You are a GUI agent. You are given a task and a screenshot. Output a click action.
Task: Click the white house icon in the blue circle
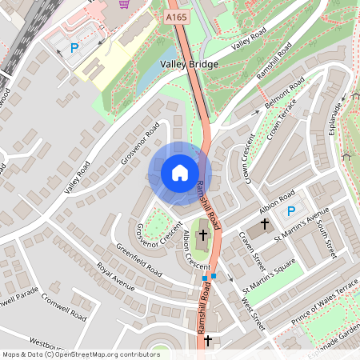click(x=179, y=173)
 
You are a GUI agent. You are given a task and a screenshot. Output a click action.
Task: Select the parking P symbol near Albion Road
click(x=292, y=211)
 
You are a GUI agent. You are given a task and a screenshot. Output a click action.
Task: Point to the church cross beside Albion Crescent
click(x=202, y=236)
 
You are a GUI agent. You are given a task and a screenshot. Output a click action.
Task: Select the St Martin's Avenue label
click(x=302, y=227)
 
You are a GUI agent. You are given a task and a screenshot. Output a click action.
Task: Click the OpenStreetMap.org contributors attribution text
click(x=102, y=354)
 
